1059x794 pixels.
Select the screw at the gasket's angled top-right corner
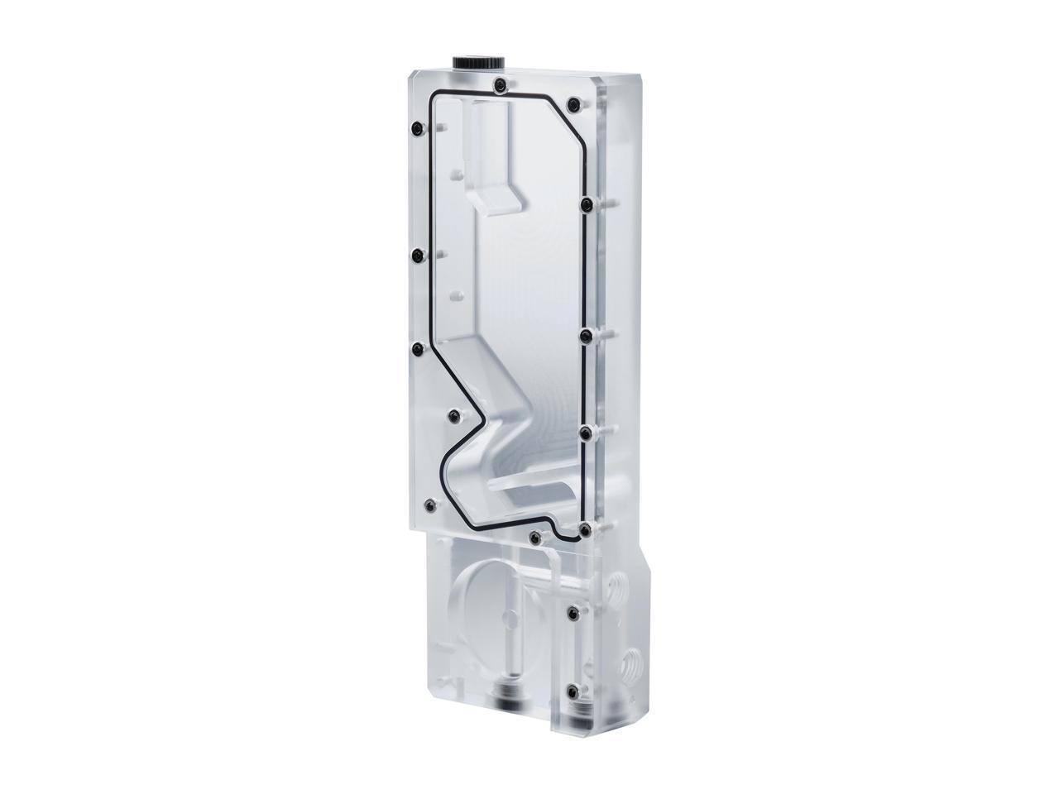(573, 104)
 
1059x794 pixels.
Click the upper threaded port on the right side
(616, 591)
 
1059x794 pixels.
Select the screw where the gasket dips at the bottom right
(585, 528)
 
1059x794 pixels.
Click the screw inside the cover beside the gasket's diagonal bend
(453, 415)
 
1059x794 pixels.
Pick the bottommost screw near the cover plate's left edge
(429, 505)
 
